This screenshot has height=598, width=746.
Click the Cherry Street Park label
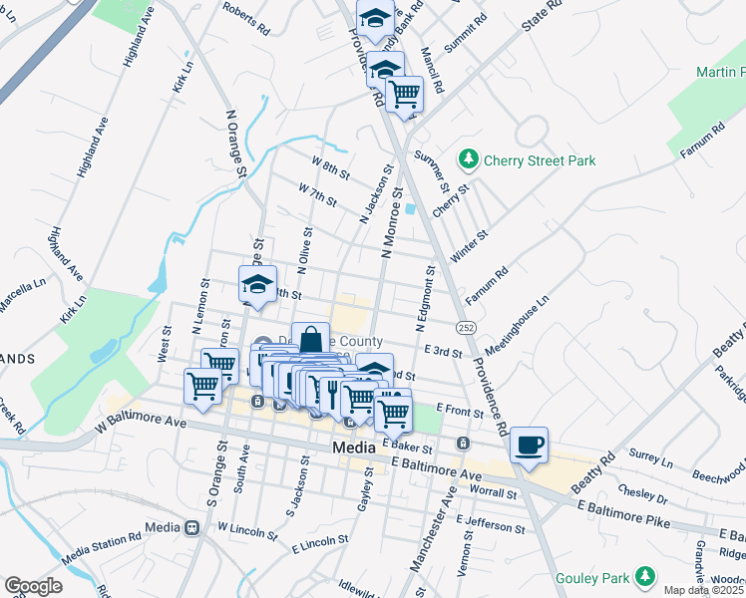click(x=539, y=159)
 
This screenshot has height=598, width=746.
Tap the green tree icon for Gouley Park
click(x=646, y=576)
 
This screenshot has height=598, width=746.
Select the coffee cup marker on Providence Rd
click(x=529, y=445)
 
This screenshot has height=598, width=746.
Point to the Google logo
click(x=33, y=586)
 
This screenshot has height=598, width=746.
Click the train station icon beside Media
click(x=190, y=526)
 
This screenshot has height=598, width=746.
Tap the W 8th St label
click(x=330, y=167)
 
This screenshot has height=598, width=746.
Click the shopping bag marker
click(x=310, y=340)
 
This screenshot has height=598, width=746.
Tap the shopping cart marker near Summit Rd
click(x=404, y=95)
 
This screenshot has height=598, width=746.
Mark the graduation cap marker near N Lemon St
click(x=257, y=285)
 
